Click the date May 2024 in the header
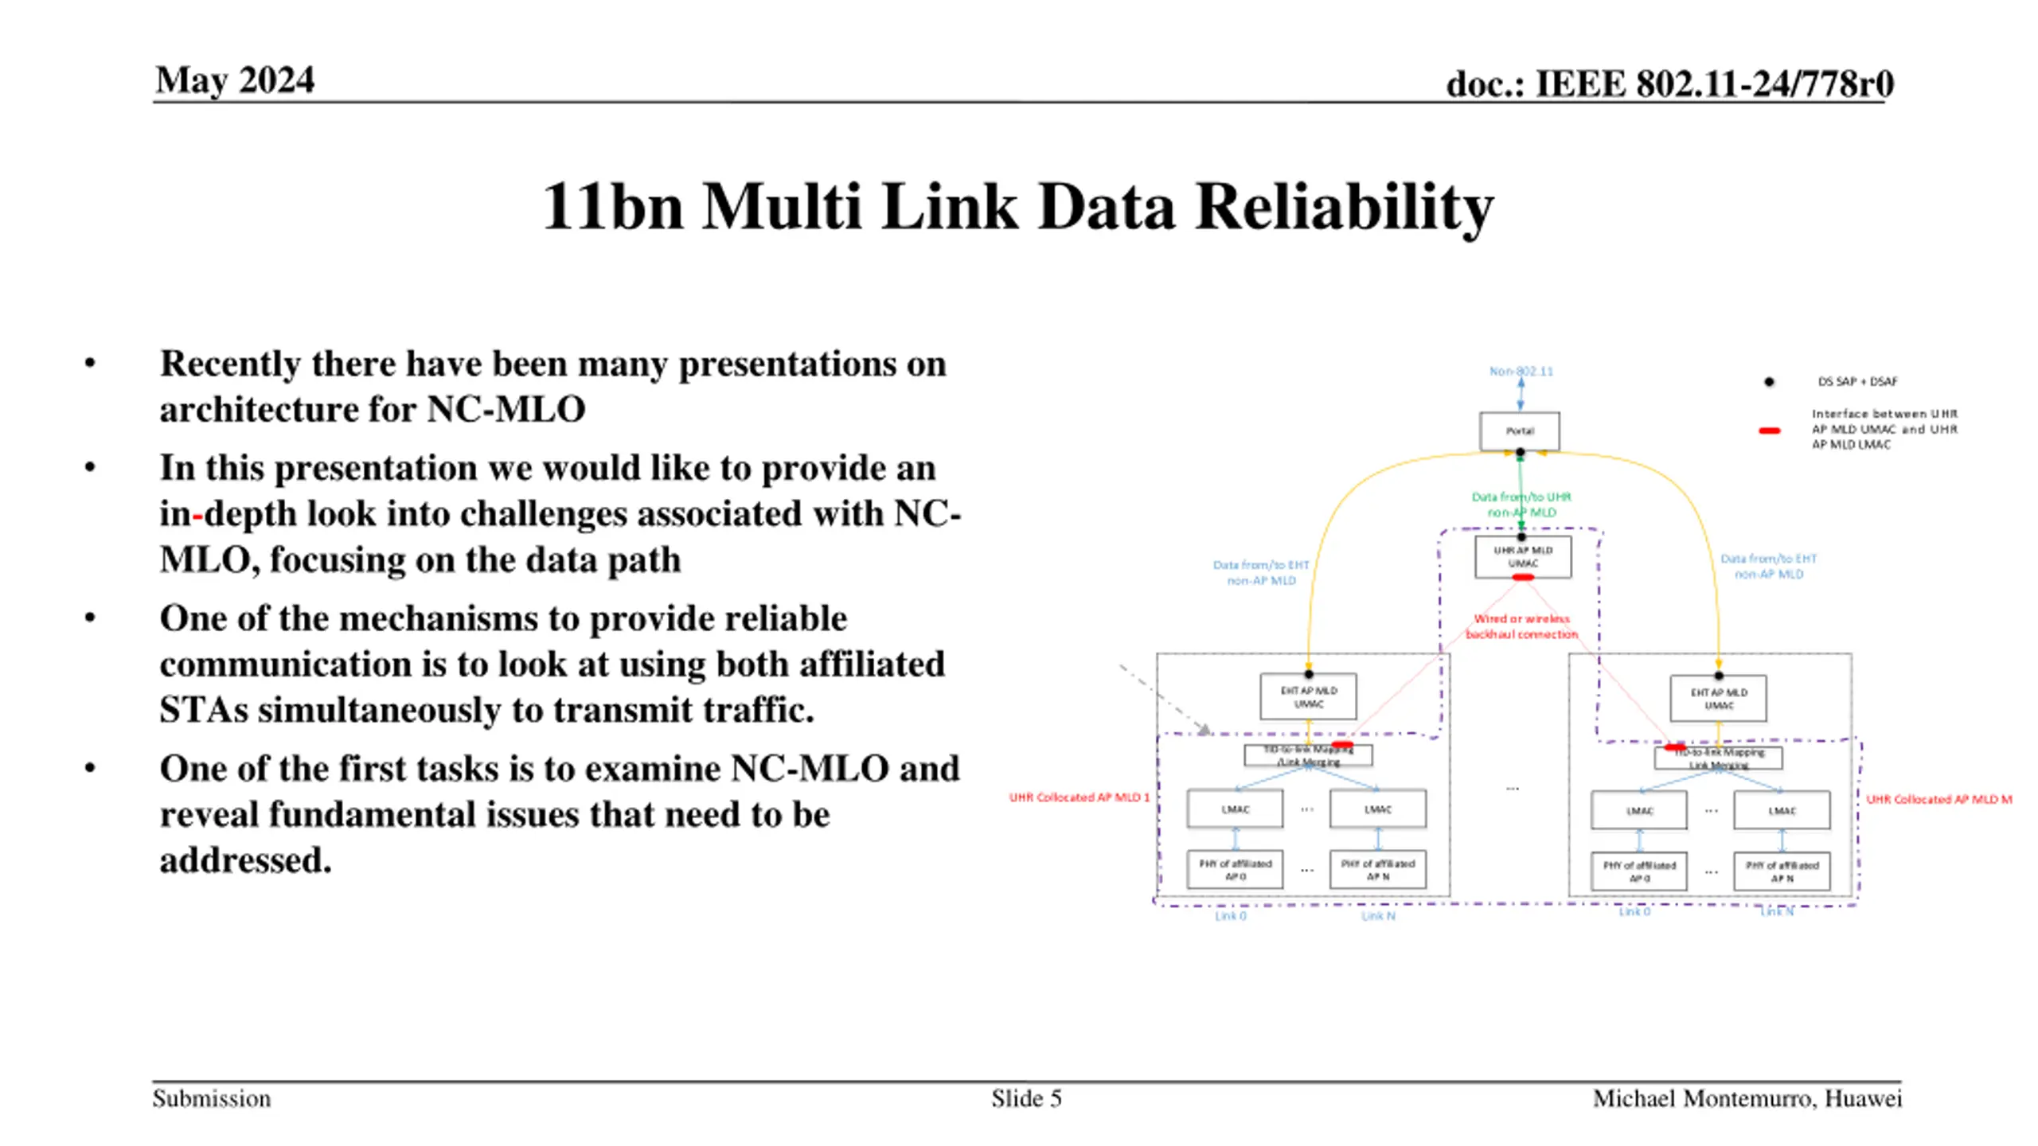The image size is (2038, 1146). coord(235,80)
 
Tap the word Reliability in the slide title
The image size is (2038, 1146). coord(1345,206)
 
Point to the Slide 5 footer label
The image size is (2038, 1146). coord(1026,1098)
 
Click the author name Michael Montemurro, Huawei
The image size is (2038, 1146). coord(1747,1098)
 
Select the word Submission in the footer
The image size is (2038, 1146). coord(212,1098)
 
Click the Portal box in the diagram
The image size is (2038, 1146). coord(1519,431)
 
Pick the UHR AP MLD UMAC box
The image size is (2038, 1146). coord(1522,556)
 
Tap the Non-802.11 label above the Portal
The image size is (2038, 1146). coord(1521,371)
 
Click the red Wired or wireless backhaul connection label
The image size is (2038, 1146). coord(1521,626)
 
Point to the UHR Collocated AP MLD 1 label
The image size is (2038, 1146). coord(1079,797)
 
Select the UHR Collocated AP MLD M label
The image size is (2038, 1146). coord(1938,799)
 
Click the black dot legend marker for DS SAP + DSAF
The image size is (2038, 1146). coord(1769,382)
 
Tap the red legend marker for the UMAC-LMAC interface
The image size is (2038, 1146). coord(1769,431)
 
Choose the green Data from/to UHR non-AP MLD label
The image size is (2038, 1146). coord(1521,505)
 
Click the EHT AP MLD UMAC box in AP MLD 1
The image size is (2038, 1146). coord(1308,696)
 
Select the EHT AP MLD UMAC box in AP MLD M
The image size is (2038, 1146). coord(1718,698)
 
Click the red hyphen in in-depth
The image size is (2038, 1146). coord(197,514)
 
